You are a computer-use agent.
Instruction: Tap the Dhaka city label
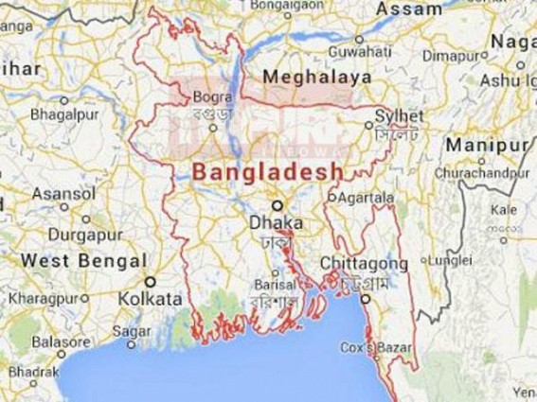277,223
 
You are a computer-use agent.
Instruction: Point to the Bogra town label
206,96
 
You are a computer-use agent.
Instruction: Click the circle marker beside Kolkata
151,281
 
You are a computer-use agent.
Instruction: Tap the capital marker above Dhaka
277,204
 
